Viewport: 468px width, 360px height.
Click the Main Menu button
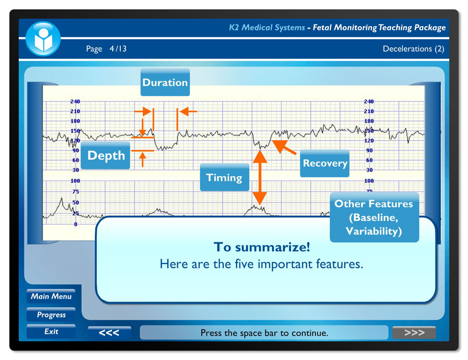coord(51,296)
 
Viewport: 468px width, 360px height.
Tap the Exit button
coord(51,331)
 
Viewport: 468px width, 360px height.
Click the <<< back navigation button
coord(109,332)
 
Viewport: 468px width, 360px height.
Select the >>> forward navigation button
coord(414,332)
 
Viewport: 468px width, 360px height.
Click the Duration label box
coord(165,82)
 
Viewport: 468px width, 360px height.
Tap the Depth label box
coord(105,155)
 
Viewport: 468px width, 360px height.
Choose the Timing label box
coord(225,178)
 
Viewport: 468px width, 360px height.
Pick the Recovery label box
coord(324,163)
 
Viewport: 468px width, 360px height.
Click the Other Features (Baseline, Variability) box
coord(374,217)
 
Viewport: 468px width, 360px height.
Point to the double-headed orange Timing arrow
coord(260,178)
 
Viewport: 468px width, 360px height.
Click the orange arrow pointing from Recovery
coord(284,146)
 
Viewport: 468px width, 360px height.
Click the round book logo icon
coord(43,39)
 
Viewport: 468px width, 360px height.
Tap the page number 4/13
coord(118,49)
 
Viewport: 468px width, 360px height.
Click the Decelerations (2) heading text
coord(413,49)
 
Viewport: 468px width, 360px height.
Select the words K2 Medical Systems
coord(267,28)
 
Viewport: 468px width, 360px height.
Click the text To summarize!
coord(262,247)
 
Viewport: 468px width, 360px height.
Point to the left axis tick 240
coord(75,101)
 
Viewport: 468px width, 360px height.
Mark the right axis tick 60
coord(369,160)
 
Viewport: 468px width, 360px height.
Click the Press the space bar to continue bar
coord(264,332)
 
